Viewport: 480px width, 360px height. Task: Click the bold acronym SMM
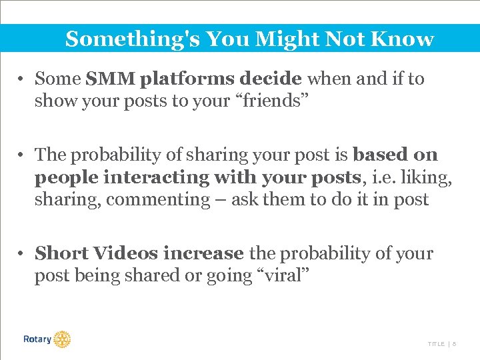pyautogui.click(x=111, y=79)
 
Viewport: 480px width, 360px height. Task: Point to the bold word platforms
pyautogui.click(x=187, y=79)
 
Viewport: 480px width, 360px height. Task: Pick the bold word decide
pyautogui.click(x=271, y=79)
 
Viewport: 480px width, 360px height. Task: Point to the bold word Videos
pyautogui.click(x=125, y=254)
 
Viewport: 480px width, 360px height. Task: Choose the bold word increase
pyautogui.click(x=203, y=254)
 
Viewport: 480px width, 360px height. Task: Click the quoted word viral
pyautogui.click(x=285, y=276)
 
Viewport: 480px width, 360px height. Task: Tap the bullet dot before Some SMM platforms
pyautogui.click(x=22, y=79)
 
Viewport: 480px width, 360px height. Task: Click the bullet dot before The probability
pyautogui.click(x=22, y=155)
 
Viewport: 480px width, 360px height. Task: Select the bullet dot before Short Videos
pyautogui.click(x=22, y=254)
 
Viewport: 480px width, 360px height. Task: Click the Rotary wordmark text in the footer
pyautogui.click(x=37, y=339)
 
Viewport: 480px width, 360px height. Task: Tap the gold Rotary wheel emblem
pyautogui.click(x=62, y=339)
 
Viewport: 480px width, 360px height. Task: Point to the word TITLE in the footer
pyautogui.click(x=436, y=344)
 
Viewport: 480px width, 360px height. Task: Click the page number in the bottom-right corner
pyautogui.click(x=454, y=344)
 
